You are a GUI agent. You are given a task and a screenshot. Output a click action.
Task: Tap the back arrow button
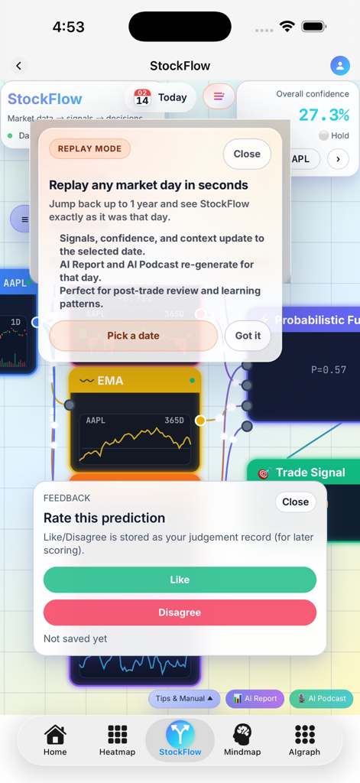point(19,66)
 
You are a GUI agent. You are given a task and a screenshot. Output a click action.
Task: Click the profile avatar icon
point(339,66)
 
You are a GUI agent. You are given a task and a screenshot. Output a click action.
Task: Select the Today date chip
point(161,98)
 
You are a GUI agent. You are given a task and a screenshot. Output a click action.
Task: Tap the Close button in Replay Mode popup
point(247,154)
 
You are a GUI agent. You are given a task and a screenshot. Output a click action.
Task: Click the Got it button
point(248,336)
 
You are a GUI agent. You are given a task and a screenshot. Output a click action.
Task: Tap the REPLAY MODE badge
point(89,148)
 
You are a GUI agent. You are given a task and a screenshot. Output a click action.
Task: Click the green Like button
point(180,580)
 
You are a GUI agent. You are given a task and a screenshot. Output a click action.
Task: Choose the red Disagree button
point(180,612)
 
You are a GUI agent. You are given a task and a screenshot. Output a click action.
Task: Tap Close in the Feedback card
point(295,502)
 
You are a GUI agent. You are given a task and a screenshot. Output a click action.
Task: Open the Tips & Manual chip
point(184,698)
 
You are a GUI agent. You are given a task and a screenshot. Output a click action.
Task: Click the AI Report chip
point(255,698)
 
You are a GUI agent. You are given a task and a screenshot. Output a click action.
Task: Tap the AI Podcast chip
point(321,698)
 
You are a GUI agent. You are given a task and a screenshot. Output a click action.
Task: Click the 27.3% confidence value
point(323,115)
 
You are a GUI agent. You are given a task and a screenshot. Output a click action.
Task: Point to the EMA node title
point(110,381)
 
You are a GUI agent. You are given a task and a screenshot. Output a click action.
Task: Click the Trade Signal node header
point(310,473)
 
